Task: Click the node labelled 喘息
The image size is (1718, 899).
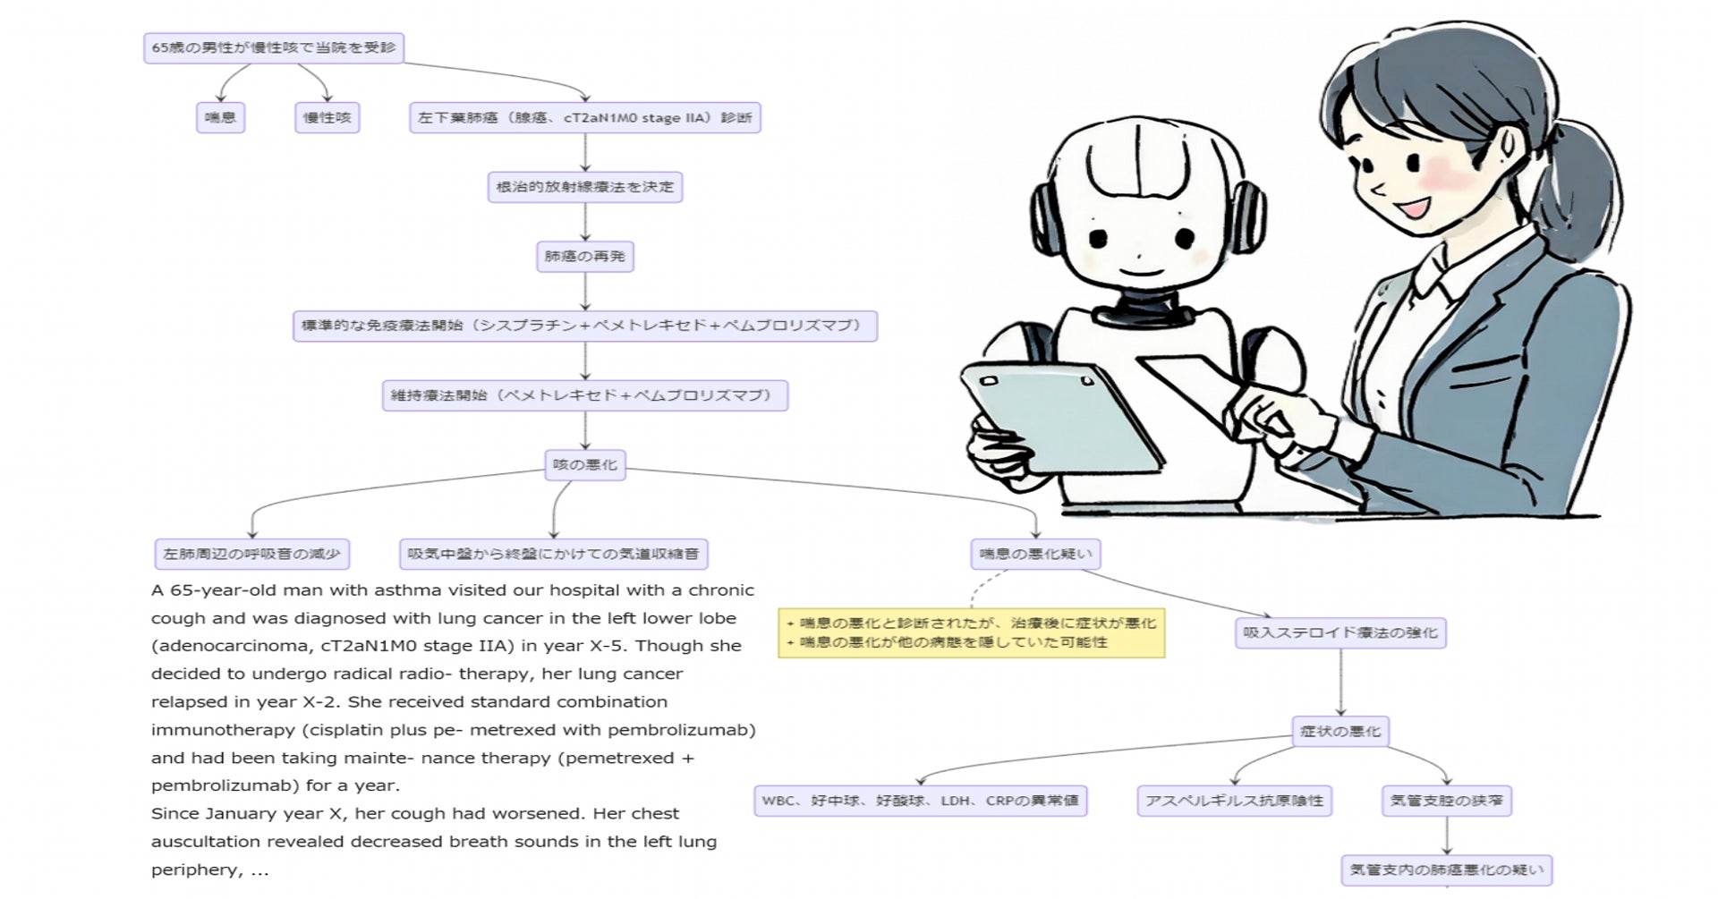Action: tap(220, 117)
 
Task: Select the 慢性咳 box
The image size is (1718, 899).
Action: tap(327, 117)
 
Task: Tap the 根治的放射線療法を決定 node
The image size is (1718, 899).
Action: tap(585, 187)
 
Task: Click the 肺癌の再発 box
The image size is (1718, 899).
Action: tap(585, 257)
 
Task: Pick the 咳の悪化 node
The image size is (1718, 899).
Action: tap(585, 465)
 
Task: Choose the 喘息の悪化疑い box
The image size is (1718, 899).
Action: tap(1035, 554)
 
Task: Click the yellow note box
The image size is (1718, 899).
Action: tap(971, 632)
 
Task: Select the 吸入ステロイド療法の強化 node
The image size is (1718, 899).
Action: tap(1340, 632)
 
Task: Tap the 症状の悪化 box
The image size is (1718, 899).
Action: tap(1340, 731)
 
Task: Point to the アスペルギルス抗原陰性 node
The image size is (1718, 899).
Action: tap(1235, 801)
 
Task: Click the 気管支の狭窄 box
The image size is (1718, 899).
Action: tap(1447, 801)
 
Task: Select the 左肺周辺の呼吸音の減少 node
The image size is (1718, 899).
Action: tap(252, 554)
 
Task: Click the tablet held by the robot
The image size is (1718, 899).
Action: tap(1060, 416)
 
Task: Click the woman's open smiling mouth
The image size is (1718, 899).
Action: tap(1415, 208)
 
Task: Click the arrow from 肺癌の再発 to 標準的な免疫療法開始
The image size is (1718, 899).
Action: tap(585, 292)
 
